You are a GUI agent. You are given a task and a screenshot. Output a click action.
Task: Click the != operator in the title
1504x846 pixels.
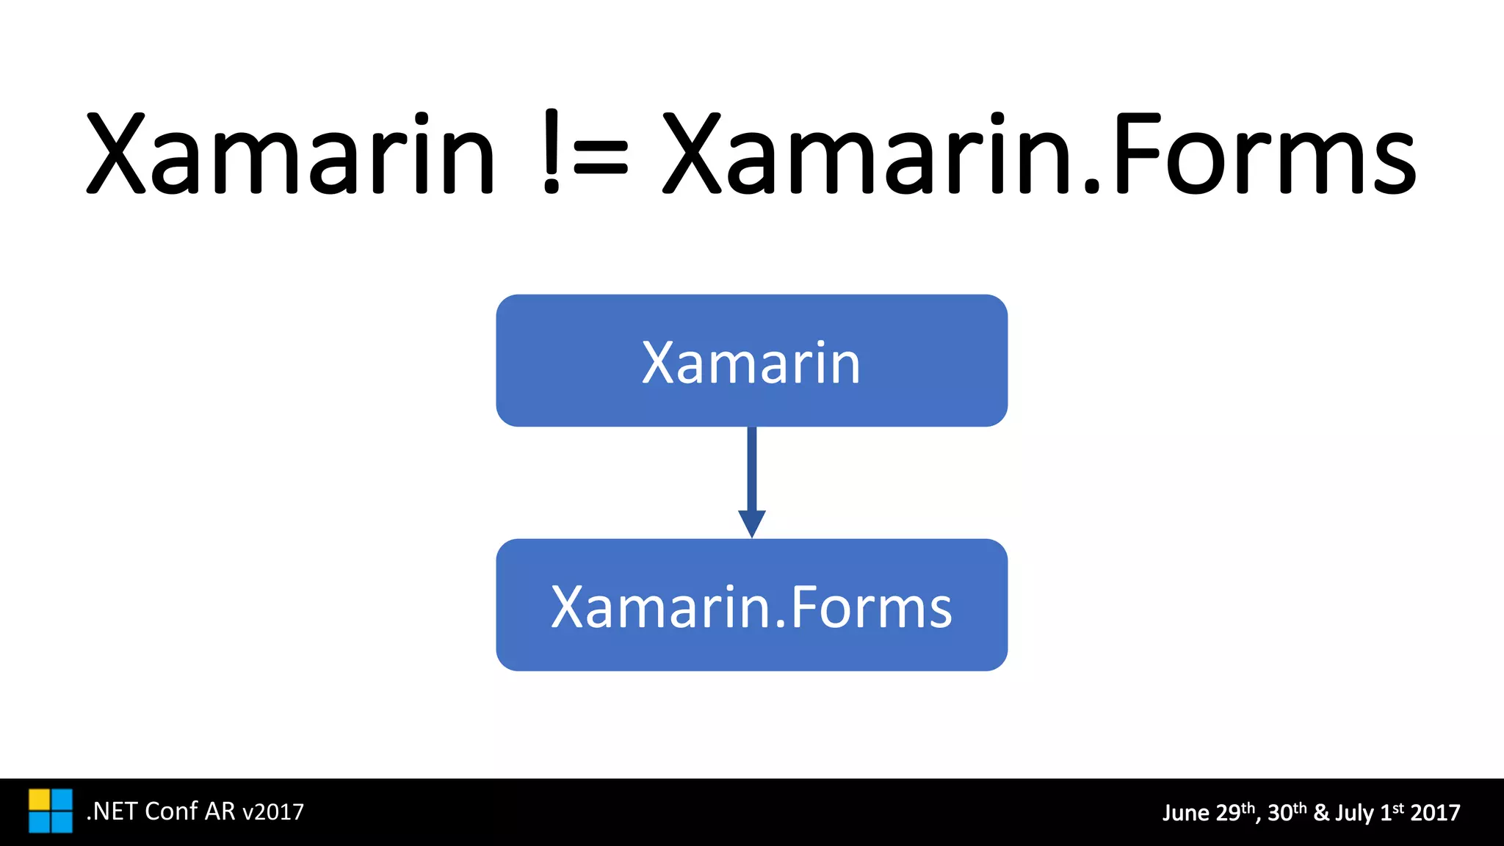(586, 154)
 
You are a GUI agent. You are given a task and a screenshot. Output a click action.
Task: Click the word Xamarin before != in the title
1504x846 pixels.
(291, 154)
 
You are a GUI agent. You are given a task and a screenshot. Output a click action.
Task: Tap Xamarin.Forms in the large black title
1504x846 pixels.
(1038, 154)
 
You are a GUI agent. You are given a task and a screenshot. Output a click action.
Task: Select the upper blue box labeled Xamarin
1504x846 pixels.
(751, 361)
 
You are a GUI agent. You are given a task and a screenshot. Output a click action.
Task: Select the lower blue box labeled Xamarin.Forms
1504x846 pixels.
(751, 605)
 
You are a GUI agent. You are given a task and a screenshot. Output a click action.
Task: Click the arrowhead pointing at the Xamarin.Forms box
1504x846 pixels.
(751, 523)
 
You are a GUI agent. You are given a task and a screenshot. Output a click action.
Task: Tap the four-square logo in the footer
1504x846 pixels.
(51, 811)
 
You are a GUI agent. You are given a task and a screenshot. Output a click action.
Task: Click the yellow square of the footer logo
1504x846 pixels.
(39, 800)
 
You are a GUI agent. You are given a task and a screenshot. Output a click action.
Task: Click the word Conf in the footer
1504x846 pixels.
(171, 811)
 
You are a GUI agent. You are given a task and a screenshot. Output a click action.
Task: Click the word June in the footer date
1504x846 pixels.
(1186, 813)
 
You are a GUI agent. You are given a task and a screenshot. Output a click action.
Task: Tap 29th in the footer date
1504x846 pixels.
(1237, 812)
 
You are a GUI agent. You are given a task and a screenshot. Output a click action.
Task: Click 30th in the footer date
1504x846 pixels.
(1287, 812)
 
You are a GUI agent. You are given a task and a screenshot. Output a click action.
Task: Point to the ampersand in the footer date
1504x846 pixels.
(1321, 813)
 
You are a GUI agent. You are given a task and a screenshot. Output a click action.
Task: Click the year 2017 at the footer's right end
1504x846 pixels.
(1435, 813)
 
